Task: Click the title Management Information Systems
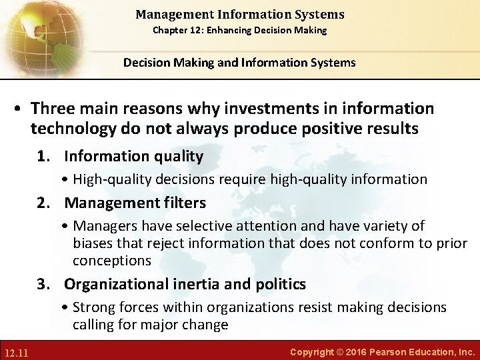(239, 14)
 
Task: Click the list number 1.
(44, 157)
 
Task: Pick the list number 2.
(44, 202)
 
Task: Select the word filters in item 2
(183, 202)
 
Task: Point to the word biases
(93, 243)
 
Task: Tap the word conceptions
(112, 260)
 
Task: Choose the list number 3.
(44, 285)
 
